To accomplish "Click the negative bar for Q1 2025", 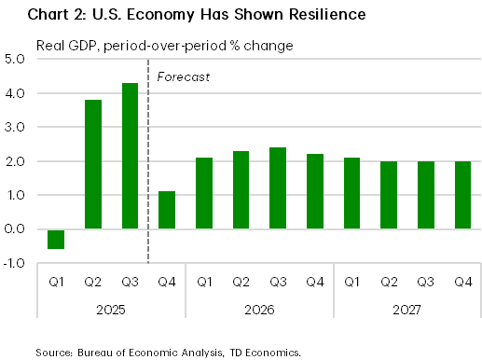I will pyautogui.click(x=57, y=239).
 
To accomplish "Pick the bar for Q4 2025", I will pyautogui.click(x=167, y=210).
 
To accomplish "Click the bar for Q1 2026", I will pyautogui.click(x=204, y=193).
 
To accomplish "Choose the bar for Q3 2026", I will pyautogui.click(x=277, y=188).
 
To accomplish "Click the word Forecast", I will pyautogui.click(x=183, y=76).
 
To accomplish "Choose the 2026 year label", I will pyautogui.click(x=258, y=307).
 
